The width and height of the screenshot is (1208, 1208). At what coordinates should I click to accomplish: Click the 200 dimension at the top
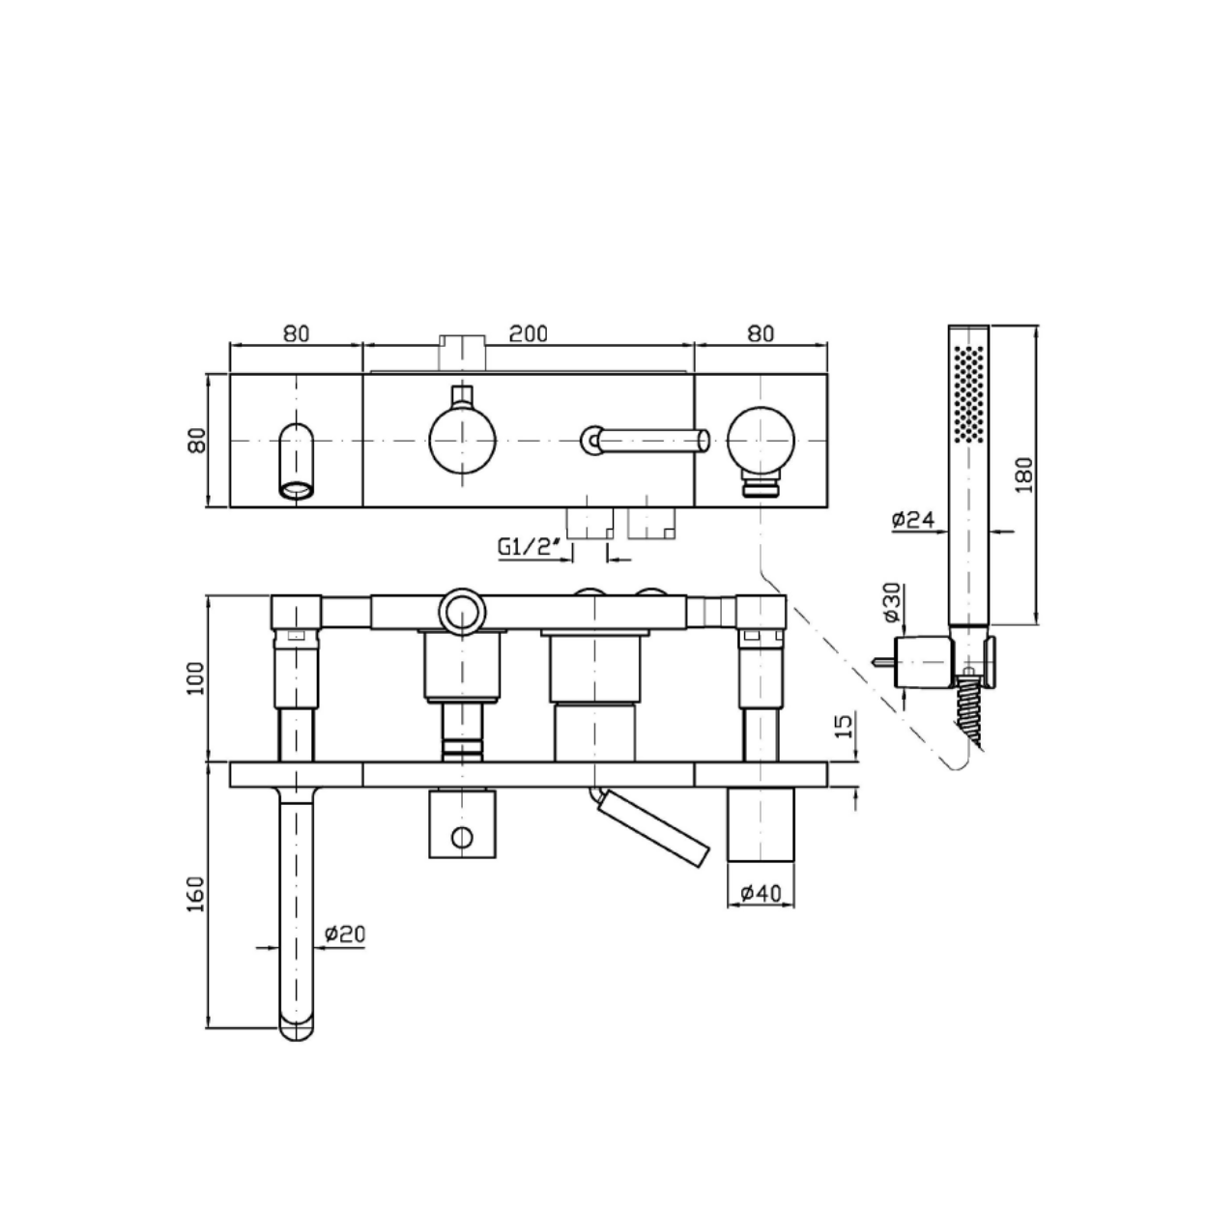coord(528,333)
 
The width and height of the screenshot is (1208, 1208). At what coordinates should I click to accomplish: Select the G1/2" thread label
coord(528,547)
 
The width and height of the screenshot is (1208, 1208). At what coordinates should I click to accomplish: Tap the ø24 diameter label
coord(912,519)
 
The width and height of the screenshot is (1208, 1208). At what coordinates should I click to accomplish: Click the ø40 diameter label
coord(761,893)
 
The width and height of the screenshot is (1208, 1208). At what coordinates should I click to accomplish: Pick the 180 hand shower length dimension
coord(1023,475)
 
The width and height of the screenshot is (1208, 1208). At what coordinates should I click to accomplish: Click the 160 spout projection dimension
coord(196,894)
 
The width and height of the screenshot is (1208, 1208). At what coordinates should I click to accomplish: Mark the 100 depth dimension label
coord(196,677)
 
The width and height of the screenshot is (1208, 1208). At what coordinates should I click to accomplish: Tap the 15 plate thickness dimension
coord(845,726)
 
